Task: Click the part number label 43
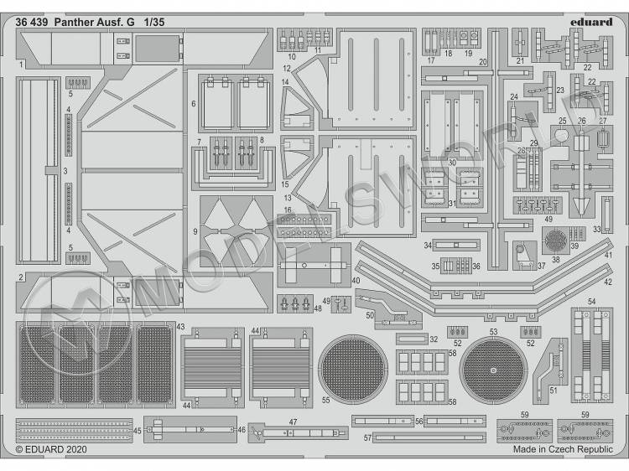click(181, 326)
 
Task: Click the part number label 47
click(294, 422)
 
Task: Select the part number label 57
click(367, 437)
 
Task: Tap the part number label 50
click(370, 315)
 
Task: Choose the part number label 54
click(591, 302)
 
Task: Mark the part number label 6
click(194, 104)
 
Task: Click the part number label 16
click(287, 210)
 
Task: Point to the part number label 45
click(137, 430)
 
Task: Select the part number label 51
click(554, 391)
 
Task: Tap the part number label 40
click(356, 281)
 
